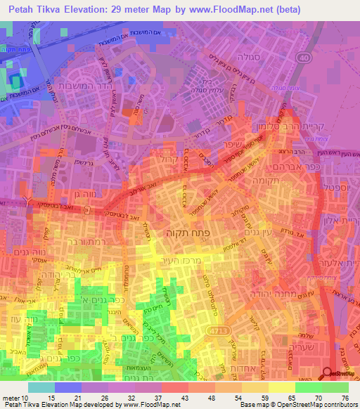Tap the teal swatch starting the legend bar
[41, 387]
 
